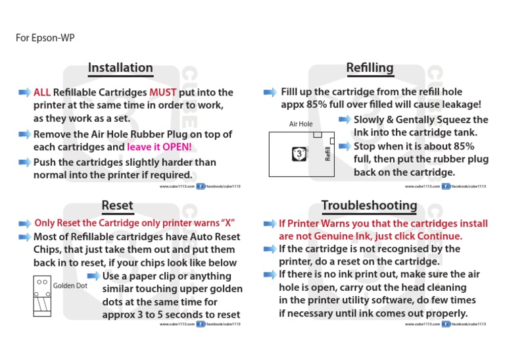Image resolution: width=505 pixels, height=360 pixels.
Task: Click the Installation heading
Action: click(120, 68)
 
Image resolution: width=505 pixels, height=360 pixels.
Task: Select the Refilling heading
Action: click(370, 68)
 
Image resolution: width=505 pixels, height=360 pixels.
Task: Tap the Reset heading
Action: click(118, 206)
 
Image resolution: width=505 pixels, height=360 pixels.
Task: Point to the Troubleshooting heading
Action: click(369, 206)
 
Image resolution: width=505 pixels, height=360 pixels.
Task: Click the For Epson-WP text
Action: click(45, 38)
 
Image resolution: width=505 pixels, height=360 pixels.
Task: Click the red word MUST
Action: click(163, 92)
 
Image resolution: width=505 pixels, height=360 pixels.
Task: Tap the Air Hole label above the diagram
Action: click(301, 124)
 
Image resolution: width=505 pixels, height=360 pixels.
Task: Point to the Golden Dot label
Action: click(70, 286)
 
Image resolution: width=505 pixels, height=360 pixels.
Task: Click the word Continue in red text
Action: click(439, 236)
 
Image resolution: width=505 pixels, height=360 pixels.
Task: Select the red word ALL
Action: click(42, 92)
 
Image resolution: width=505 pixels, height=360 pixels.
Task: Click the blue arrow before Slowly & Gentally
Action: click(345, 120)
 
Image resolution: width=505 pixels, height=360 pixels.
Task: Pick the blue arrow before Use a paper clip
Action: click(94, 276)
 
